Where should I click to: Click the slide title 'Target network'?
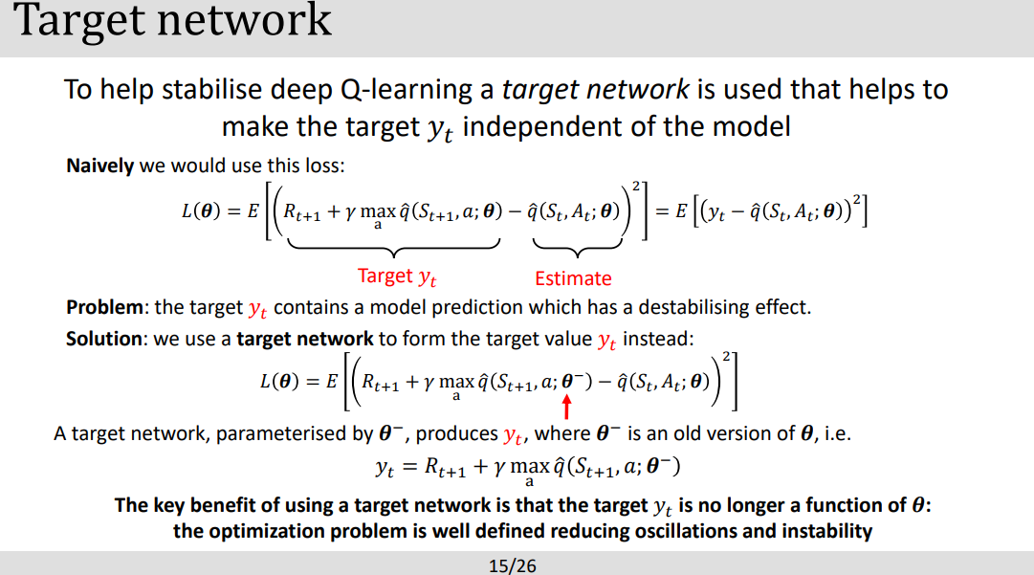173,21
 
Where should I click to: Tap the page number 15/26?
513,565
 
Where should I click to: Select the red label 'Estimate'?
573,278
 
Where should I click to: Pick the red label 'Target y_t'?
397,276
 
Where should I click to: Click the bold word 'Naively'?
99,166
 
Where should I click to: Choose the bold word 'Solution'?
106,339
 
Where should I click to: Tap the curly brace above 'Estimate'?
574,253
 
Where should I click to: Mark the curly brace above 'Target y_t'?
393,252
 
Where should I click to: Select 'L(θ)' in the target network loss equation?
284,380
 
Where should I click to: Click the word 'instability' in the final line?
825,531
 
